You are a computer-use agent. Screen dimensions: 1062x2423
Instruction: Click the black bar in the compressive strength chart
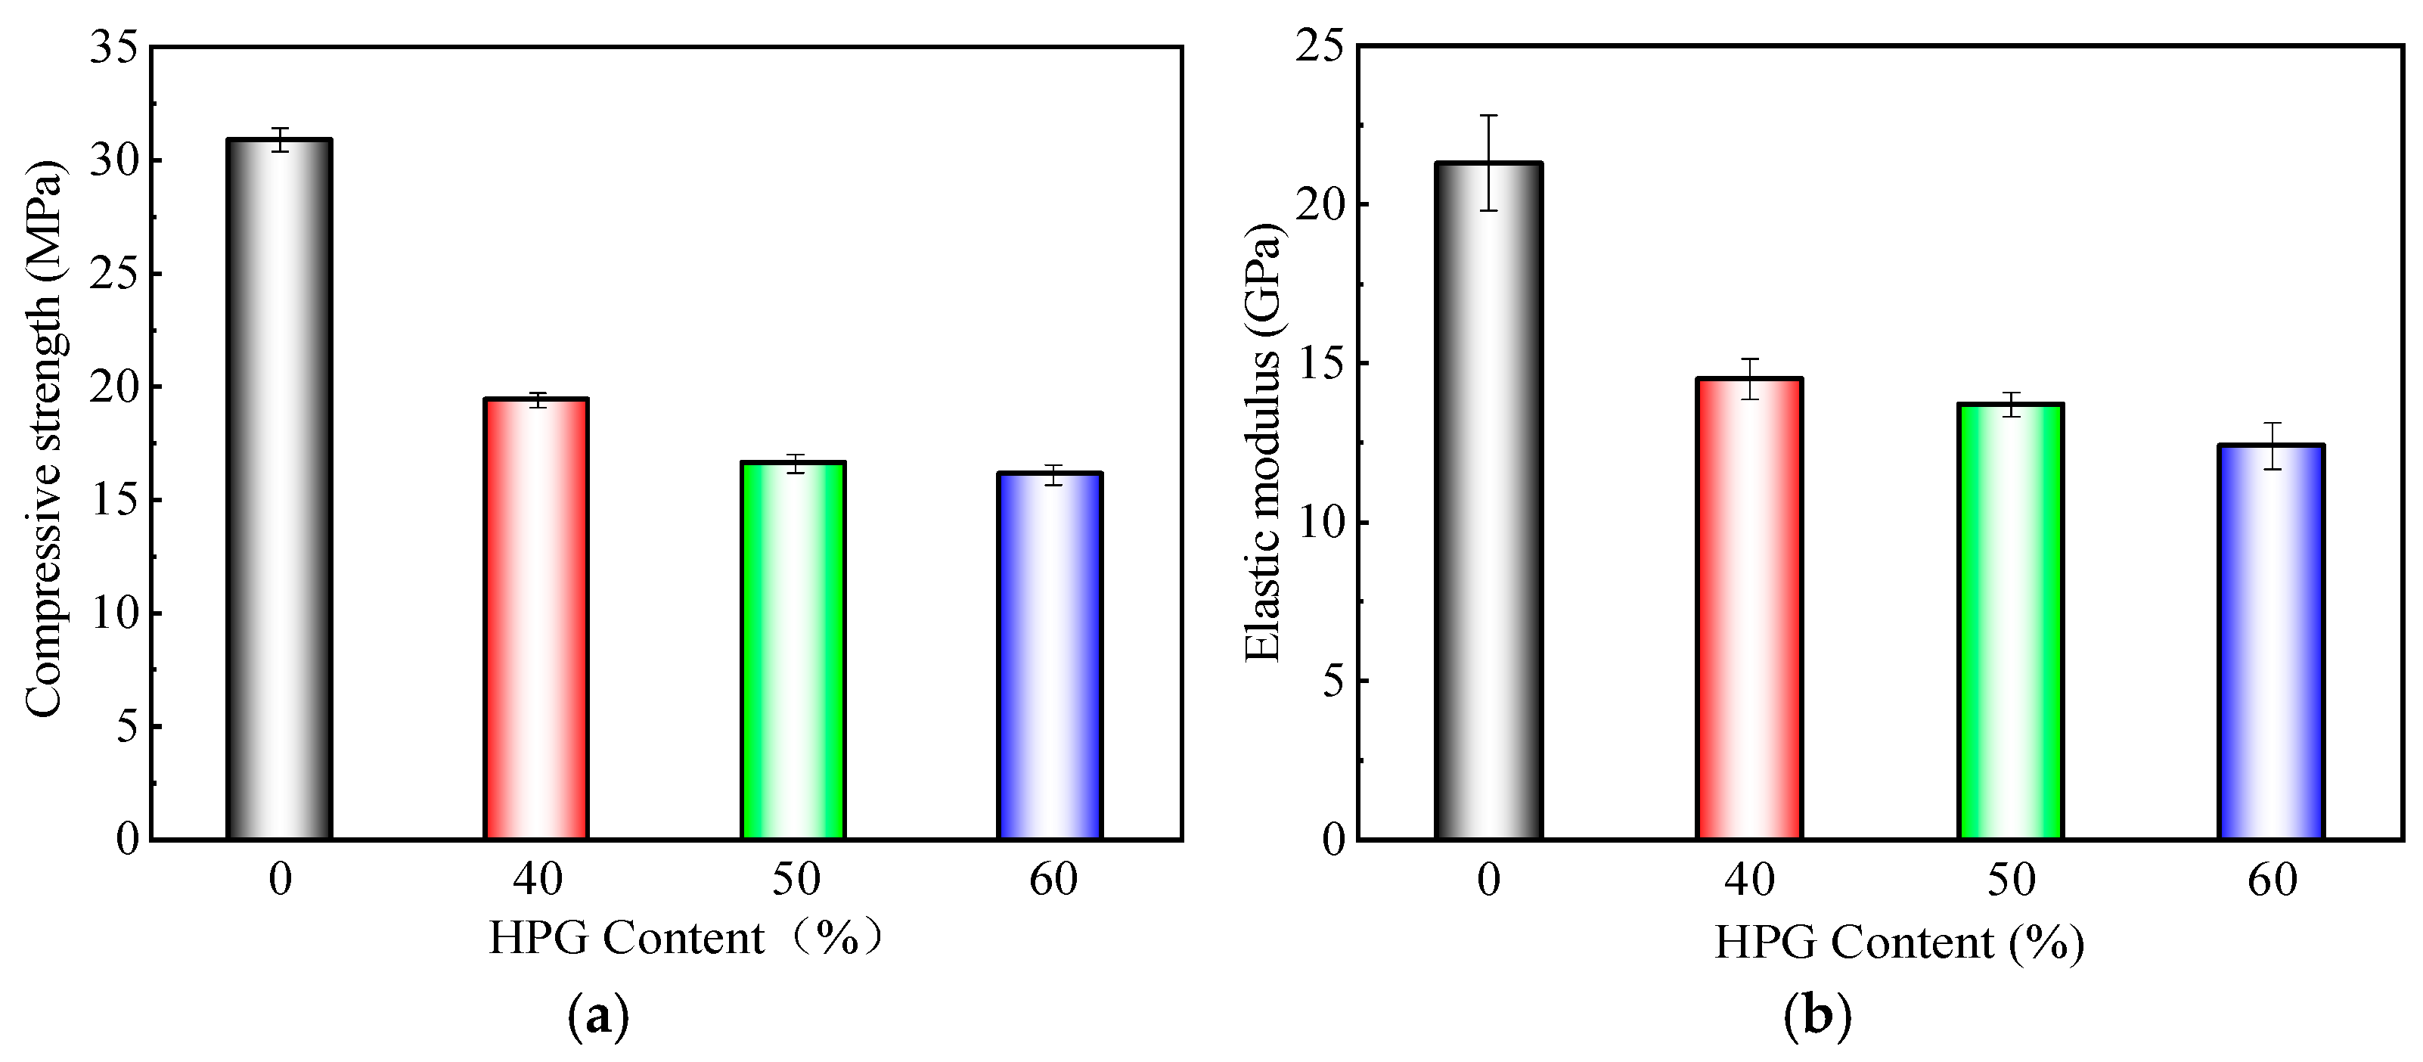click(x=279, y=489)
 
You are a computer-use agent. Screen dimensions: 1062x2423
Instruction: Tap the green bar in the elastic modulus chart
click(x=2010, y=622)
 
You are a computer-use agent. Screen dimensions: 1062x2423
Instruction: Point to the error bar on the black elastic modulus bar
click(x=1488, y=163)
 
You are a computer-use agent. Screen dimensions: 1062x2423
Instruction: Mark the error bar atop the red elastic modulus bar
click(x=1748, y=379)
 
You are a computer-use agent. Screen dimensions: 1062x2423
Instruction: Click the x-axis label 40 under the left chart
click(x=537, y=880)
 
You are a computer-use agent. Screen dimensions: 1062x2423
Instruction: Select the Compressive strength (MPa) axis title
click(x=44, y=439)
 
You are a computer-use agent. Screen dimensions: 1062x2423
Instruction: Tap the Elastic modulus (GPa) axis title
click(x=1262, y=442)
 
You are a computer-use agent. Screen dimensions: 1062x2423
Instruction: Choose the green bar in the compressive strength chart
click(x=793, y=650)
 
